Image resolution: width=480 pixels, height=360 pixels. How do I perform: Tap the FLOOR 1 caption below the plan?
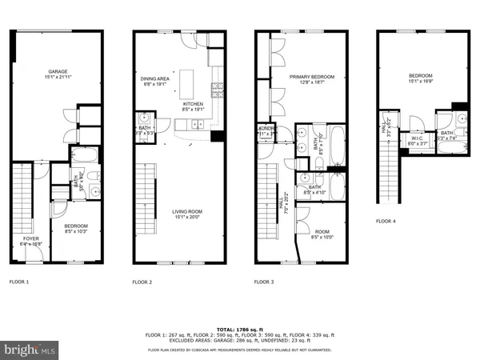[19, 282]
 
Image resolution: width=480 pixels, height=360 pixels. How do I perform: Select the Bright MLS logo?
[30, 350]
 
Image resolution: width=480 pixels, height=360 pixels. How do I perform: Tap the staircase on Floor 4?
[390, 171]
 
